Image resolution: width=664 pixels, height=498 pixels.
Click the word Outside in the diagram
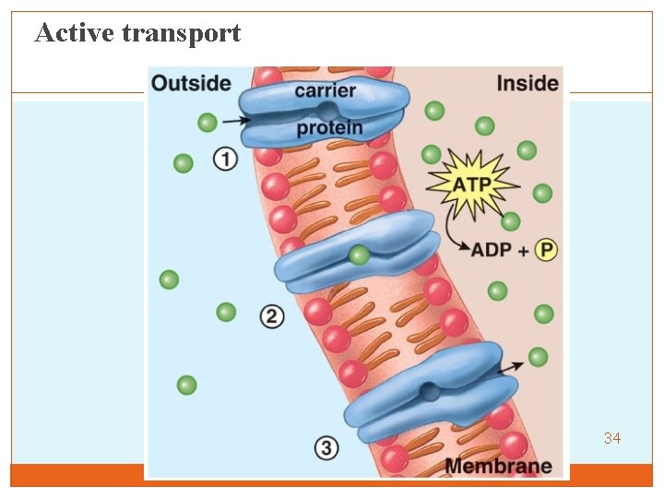(191, 83)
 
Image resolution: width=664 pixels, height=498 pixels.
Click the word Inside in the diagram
(528, 83)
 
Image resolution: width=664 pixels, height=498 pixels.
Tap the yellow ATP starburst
(471, 184)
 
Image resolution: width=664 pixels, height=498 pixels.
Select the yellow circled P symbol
(547, 250)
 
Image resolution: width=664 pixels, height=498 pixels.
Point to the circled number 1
(226, 160)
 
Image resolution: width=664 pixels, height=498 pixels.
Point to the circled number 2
(271, 316)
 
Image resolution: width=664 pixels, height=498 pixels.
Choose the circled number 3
(326, 449)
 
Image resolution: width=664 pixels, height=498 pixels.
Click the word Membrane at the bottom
(498, 466)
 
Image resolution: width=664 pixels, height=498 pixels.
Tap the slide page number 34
(612, 438)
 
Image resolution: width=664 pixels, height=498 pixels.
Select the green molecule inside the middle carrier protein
(360, 255)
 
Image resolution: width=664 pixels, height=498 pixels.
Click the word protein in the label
(329, 128)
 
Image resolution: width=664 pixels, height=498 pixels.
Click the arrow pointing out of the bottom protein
(510, 367)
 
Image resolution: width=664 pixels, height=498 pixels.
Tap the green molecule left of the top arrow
(207, 122)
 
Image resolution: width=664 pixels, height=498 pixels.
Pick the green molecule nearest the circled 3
(186, 385)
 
